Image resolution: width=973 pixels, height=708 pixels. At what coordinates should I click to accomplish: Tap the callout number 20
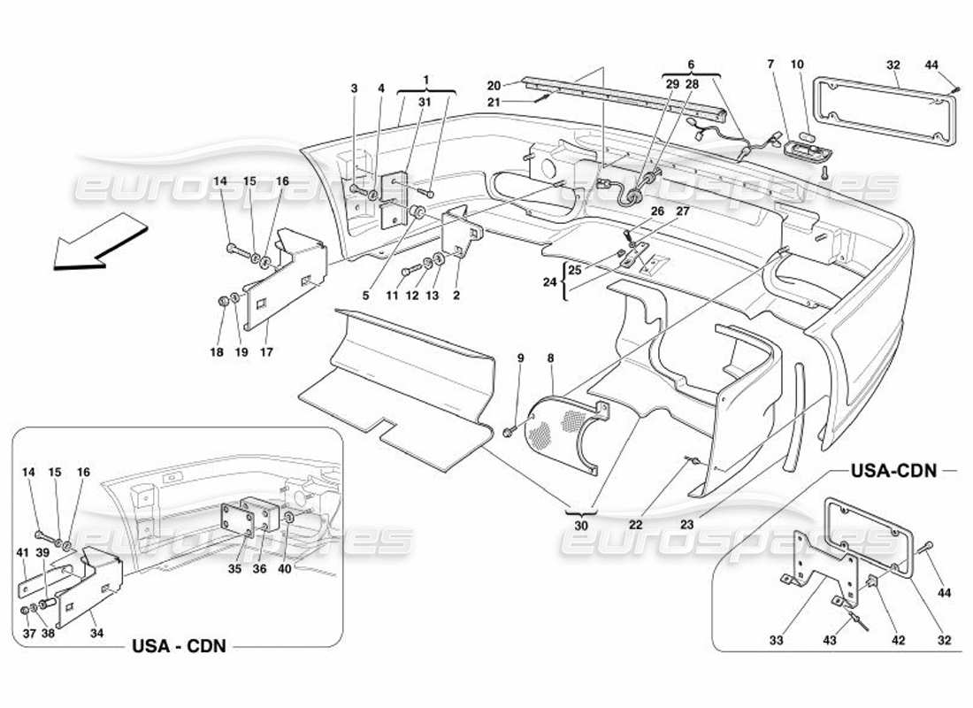(494, 85)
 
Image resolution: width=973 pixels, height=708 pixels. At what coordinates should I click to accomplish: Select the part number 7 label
(770, 64)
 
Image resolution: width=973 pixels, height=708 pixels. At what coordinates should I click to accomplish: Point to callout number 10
(798, 64)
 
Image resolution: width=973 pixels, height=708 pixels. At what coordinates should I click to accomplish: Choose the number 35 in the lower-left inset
(235, 569)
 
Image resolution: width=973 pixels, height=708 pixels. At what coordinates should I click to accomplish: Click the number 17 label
(267, 352)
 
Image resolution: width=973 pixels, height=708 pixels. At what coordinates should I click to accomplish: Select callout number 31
(425, 103)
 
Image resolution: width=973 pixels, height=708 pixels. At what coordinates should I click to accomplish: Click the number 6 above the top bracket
(691, 65)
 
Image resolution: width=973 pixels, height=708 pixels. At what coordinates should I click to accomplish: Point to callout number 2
(456, 296)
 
